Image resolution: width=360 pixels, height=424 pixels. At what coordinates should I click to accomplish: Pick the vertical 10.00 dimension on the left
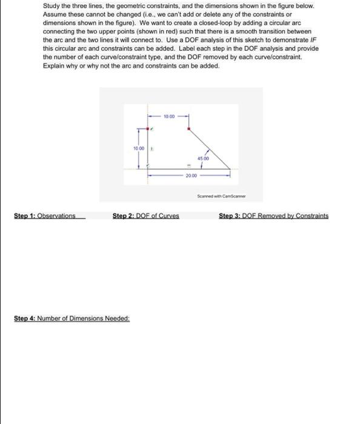[x=139, y=148]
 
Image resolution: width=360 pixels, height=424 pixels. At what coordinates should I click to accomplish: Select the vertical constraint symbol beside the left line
[x=152, y=149]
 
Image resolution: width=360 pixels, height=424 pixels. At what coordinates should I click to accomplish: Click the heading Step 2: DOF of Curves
[x=145, y=216]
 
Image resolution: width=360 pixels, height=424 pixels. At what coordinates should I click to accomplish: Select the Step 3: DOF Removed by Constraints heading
[x=273, y=216]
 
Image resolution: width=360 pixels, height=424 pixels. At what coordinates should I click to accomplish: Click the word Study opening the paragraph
[x=52, y=5]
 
